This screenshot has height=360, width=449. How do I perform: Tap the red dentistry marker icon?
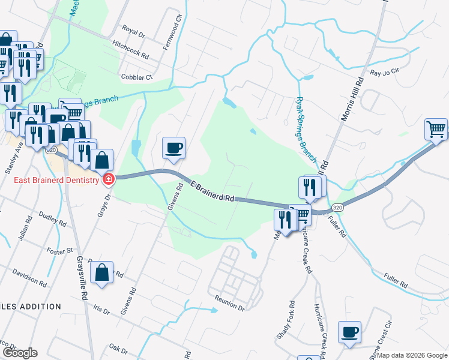[109, 179]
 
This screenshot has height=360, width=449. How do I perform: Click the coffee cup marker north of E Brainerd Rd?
[174, 148]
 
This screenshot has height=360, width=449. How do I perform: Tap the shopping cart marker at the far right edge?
[436, 129]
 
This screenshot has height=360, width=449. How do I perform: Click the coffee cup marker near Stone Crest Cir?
[349, 332]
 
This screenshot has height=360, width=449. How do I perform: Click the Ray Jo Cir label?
[384, 73]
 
